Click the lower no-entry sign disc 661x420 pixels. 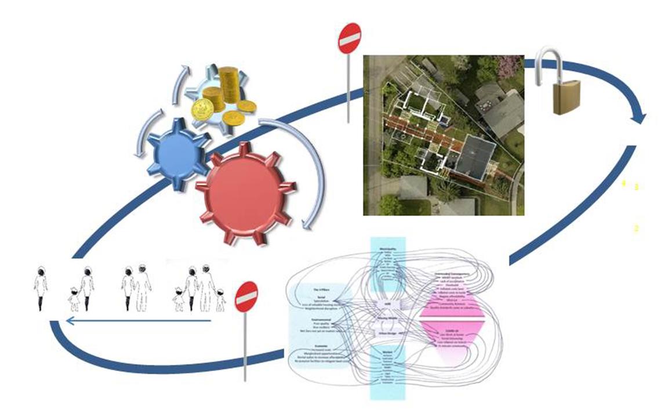click(x=246, y=298)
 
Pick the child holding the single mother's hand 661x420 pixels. click(x=74, y=298)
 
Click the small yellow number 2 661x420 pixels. click(x=636, y=229)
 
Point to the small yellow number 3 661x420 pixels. click(x=636, y=187)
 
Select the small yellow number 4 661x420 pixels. click(x=624, y=183)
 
